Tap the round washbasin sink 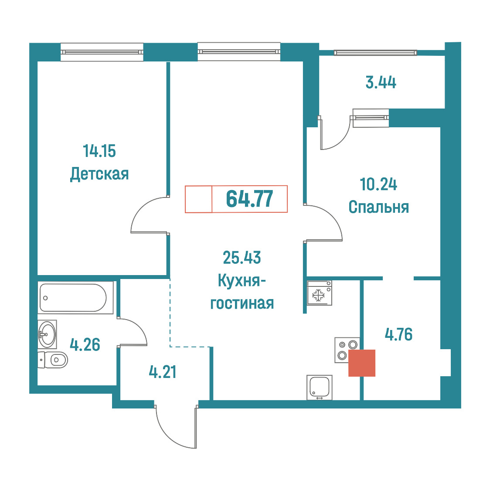(x=47, y=334)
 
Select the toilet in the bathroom (x=52, y=360)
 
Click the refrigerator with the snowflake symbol (x=319, y=293)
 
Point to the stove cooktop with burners (x=347, y=350)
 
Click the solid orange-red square (x=362, y=363)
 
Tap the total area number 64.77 (x=249, y=199)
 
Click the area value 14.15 (x=99, y=151)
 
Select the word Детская (x=99, y=174)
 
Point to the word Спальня (x=379, y=207)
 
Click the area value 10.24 (x=378, y=184)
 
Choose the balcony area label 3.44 (x=381, y=82)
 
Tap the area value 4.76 (x=399, y=334)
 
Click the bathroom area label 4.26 (x=85, y=345)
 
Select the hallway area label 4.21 (x=163, y=372)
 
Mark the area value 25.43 (x=242, y=258)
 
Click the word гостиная (x=242, y=303)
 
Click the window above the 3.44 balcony (x=375, y=53)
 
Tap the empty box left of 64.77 (x=198, y=199)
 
